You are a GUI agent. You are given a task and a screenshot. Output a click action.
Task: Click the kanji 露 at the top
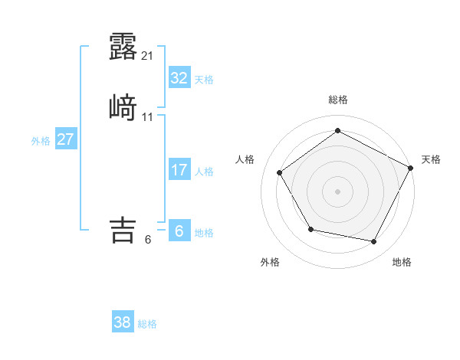click(123, 47)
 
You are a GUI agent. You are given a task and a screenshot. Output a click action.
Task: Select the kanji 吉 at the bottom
click(123, 230)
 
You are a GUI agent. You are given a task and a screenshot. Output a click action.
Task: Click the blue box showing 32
click(179, 78)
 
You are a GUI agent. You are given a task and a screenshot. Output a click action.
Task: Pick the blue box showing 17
click(179, 170)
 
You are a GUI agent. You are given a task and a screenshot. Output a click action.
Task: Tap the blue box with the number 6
click(179, 231)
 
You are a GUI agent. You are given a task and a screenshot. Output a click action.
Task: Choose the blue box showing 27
click(65, 140)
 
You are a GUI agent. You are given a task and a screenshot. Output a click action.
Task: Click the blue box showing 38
click(122, 322)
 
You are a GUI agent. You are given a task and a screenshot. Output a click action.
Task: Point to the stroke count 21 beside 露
click(148, 55)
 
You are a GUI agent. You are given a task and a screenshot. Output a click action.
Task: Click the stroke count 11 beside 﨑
click(148, 116)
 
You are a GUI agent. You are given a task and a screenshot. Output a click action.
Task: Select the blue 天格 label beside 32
click(204, 80)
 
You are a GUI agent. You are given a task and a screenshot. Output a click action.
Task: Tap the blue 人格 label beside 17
click(204, 172)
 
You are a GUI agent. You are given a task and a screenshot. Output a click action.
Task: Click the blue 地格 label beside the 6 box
click(204, 233)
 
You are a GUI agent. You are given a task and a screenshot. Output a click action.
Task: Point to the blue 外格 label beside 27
click(41, 141)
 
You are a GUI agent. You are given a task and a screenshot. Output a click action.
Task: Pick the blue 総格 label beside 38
click(147, 324)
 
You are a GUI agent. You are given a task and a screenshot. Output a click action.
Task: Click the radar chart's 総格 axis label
click(337, 100)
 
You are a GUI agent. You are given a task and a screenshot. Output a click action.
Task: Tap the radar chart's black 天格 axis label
click(431, 159)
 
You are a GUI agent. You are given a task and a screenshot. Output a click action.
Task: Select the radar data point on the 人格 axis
click(280, 172)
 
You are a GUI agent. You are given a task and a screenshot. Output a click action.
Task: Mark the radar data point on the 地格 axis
click(374, 242)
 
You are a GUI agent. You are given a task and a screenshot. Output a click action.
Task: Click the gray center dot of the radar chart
click(337, 191)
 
